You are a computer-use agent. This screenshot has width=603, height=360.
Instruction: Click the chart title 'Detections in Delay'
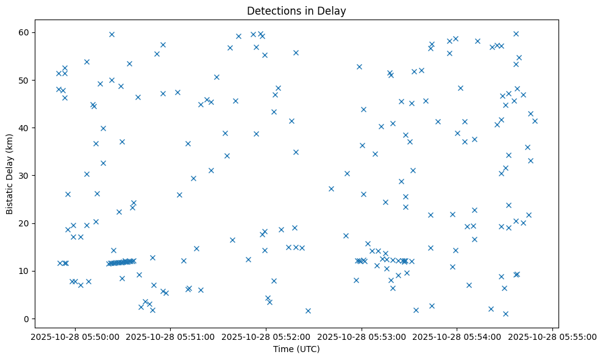point(296,11)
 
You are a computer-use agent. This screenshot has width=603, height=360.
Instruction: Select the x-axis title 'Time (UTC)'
point(296,349)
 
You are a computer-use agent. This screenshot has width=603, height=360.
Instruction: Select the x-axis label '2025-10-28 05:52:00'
point(265,336)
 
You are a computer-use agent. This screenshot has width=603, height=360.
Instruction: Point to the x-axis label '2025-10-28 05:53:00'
point(361,336)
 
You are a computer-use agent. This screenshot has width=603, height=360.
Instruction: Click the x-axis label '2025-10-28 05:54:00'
point(457,336)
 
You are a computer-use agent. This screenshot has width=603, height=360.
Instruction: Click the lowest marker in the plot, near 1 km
point(505,314)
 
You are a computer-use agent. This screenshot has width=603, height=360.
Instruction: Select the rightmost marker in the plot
point(535,121)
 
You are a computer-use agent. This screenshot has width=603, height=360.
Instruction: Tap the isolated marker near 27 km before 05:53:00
point(331,189)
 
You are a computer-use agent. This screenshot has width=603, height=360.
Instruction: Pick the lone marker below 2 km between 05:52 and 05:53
point(308,311)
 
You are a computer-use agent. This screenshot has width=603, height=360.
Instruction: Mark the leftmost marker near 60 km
point(112,34)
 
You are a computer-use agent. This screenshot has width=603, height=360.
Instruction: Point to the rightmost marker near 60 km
point(516,34)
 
